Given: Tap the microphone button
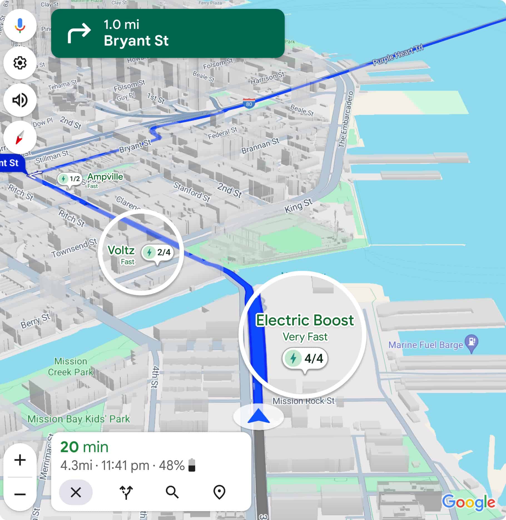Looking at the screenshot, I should [x=20, y=25].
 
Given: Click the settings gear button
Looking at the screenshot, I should [x=20, y=63].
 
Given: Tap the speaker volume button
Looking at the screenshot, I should [x=20, y=100].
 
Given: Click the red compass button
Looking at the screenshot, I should [x=20, y=137].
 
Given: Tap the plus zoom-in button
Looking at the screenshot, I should [x=20, y=460].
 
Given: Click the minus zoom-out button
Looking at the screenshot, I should [x=20, y=494].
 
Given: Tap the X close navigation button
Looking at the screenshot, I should [x=76, y=492].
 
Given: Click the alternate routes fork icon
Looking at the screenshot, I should [x=126, y=492].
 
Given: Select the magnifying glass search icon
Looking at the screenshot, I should [x=172, y=492].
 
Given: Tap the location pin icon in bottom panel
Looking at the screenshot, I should [x=219, y=492].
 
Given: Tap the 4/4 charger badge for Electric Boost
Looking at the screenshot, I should [x=305, y=358].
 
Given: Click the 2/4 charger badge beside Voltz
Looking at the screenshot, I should [x=158, y=252].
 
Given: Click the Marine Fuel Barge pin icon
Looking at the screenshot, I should [x=472, y=342].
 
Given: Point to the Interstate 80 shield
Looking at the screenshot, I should [x=249, y=103].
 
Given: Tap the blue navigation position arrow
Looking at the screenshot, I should [x=258, y=416].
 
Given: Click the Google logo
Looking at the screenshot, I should [x=469, y=502].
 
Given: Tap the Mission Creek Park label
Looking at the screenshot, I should [x=71, y=367].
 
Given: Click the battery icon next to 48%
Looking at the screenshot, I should [x=192, y=465].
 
